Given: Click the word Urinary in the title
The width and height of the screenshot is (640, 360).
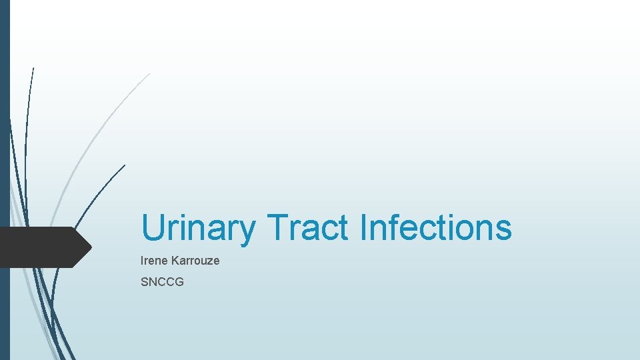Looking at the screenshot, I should pos(198,228).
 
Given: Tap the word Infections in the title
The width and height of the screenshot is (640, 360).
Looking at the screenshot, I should pos(435,228).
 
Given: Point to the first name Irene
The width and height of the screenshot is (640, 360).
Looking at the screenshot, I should pos(155,261).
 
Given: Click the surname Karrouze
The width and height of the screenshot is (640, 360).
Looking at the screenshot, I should pos(196,261).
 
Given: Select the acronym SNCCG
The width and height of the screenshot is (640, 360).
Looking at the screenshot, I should pos(162,282).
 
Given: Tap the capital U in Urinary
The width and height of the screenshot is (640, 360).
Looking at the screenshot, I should pos(153,228).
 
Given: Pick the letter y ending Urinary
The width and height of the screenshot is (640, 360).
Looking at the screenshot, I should pos(247,231).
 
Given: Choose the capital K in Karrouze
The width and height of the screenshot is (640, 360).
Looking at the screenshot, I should pos(177,261).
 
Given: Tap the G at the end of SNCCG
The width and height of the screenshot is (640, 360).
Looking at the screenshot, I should pos(179,282).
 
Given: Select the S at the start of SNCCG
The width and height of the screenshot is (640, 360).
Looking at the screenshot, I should pos(145,282).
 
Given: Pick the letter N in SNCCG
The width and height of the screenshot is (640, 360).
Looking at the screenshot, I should pos(153,282).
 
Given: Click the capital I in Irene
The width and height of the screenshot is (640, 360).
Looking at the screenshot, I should pos(143,261).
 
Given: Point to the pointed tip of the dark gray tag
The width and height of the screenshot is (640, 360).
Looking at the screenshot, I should pos(91,247).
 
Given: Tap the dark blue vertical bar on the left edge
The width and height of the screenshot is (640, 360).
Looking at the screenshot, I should pos(5,133).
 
